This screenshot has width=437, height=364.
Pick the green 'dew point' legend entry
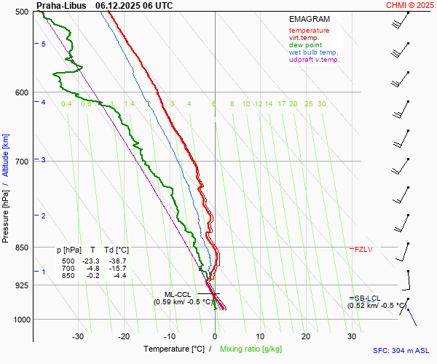pos(306,45)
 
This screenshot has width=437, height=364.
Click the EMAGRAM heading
pos(309,19)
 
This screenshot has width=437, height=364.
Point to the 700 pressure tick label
pos(21,161)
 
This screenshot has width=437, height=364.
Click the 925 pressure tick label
pos(21,285)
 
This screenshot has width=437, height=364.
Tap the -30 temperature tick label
pos(78,336)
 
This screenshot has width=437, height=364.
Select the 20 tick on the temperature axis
pos(306,336)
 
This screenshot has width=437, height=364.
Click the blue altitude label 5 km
pos(44,44)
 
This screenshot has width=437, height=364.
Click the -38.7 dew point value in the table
pos(117,261)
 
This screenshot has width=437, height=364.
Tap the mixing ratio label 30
pos(321,104)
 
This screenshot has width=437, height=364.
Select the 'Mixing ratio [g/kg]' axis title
pos(251,349)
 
